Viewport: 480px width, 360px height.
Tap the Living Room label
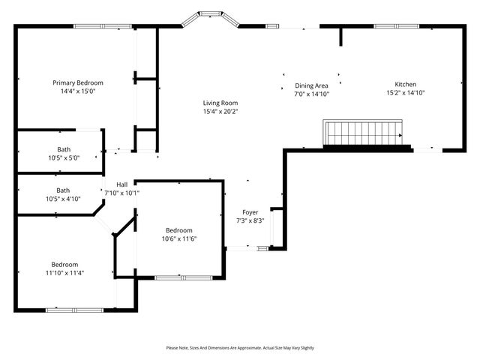[220, 103]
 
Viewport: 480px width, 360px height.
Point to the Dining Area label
[311, 85]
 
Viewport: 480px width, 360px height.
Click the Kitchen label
[406, 84]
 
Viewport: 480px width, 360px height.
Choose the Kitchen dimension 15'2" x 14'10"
[406, 93]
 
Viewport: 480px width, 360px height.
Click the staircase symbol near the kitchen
[364, 133]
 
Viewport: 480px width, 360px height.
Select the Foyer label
[250, 212]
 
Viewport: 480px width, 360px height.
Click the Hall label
[121, 184]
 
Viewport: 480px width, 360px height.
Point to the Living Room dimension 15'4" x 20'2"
[220, 112]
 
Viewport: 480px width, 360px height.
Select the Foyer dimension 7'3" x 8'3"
[250, 221]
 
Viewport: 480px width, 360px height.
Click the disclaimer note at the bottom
[240, 348]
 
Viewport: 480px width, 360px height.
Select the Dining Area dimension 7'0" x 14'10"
[311, 94]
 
